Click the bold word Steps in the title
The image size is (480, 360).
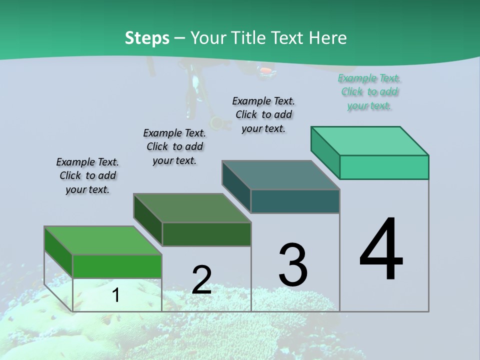147,38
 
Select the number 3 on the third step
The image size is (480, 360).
293,265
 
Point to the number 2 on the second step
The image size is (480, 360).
201,279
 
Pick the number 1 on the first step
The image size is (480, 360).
115,295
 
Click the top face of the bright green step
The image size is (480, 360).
102,240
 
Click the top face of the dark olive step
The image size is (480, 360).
192,208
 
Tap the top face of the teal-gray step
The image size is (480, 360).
281,175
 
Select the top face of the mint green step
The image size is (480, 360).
370,141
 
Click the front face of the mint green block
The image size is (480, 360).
384,167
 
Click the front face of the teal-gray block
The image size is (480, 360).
295,201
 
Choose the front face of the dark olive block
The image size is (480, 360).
206,234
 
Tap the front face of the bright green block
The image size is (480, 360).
117,266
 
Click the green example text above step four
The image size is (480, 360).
369,92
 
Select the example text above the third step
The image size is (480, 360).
263,114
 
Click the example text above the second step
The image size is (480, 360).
174,146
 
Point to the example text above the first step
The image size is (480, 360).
87,175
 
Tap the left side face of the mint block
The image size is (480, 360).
325,152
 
